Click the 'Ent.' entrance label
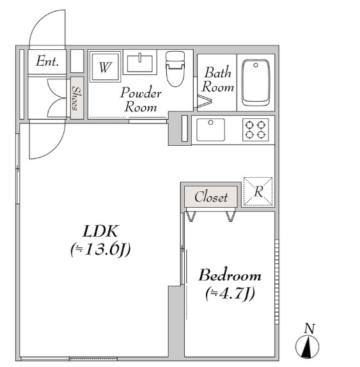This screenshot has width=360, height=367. click(47, 61)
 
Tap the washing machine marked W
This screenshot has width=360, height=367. click(105, 66)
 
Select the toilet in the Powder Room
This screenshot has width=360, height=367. click(175, 69)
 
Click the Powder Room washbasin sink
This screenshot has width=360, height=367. click(140, 63)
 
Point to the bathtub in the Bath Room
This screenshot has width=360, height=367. click(256, 82)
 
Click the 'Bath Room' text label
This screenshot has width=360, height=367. click(218, 79)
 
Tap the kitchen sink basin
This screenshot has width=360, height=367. click(210, 130)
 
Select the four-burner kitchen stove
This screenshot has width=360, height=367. click(255, 130)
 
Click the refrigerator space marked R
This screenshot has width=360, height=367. click(258, 192)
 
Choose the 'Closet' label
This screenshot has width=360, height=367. click(211, 197)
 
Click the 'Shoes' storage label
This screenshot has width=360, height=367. click(75, 98)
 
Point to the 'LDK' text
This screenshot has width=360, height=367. click(100, 231)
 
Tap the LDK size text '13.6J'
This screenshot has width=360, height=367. click(100, 249)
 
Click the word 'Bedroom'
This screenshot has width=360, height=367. click(230, 275)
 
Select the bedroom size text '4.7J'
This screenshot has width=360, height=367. click(230, 293)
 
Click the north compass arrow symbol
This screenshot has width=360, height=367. click(307, 347)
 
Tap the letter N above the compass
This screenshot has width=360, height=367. click(309, 329)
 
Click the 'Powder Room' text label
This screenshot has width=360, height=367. click(141, 100)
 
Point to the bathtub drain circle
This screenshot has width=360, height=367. click(256, 65)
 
